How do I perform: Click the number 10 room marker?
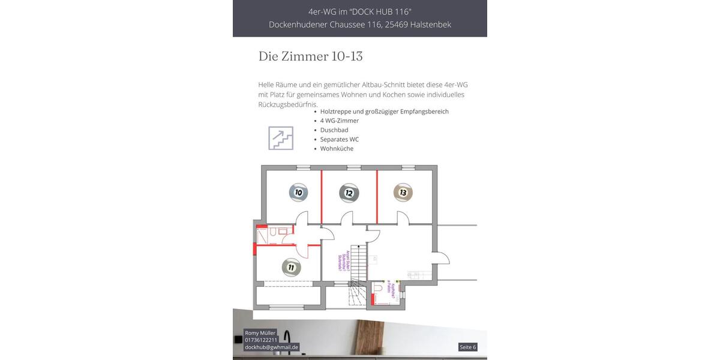click(298, 192)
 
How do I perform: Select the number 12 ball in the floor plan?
click(349, 193)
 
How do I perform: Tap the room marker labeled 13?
click(403, 192)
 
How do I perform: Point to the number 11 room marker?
click(291, 267)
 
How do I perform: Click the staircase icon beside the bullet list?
click(281, 138)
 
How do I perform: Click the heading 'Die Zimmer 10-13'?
click(310, 56)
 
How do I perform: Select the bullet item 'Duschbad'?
click(334, 130)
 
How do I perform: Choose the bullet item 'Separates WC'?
click(340, 139)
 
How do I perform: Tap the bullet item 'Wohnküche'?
click(337, 148)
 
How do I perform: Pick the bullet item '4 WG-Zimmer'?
click(340, 121)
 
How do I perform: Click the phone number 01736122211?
click(261, 340)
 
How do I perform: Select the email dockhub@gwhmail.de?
click(271, 347)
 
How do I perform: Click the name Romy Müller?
click(260, 332)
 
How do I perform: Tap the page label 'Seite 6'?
click(467, 347)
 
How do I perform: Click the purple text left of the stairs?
click(341, 262)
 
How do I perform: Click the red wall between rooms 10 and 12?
click(322, 196)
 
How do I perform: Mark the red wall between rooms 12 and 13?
click(377, 196)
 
